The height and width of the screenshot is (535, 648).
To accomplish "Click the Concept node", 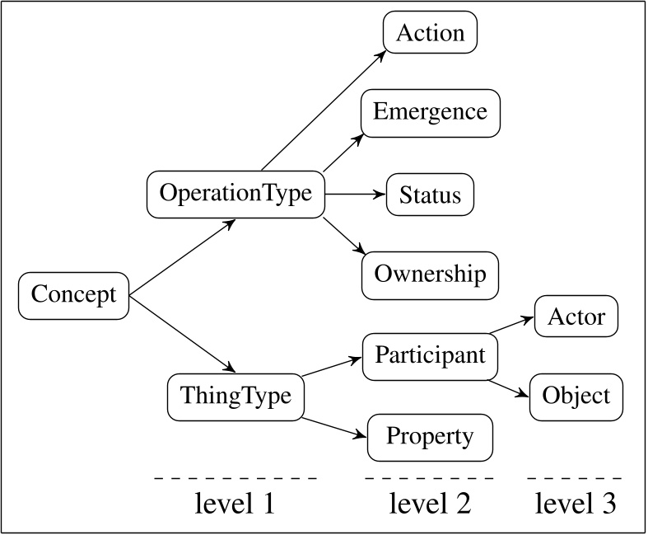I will coord(74,295).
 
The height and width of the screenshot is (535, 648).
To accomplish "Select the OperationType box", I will coord(235,194).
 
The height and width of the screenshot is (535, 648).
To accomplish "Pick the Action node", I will coord(431,33).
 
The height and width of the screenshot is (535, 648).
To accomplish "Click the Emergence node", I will coord(430,112).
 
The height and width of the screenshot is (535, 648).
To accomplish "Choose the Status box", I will coord(430,195).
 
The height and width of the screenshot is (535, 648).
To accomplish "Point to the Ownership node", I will coord(430,275).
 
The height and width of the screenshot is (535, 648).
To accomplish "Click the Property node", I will coord(430,437).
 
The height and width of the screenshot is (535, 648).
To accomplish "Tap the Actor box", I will coord(576,317).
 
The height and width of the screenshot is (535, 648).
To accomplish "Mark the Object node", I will coord(576,396).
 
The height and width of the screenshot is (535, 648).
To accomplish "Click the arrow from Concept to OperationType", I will coord(184,256).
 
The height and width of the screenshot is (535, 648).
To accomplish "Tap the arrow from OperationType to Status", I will coord(356,195).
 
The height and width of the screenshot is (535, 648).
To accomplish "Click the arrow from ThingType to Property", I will coord(333,427).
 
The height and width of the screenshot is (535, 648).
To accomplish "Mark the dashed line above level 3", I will coord(576,478).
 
